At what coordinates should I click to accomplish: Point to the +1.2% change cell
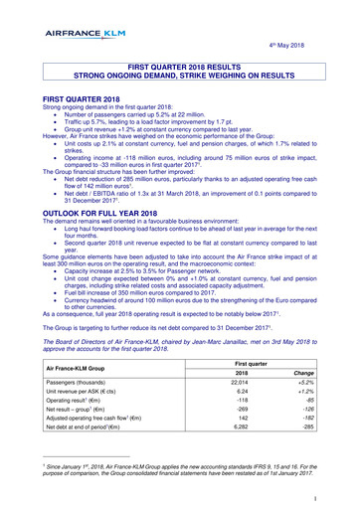[x=316, y=395]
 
